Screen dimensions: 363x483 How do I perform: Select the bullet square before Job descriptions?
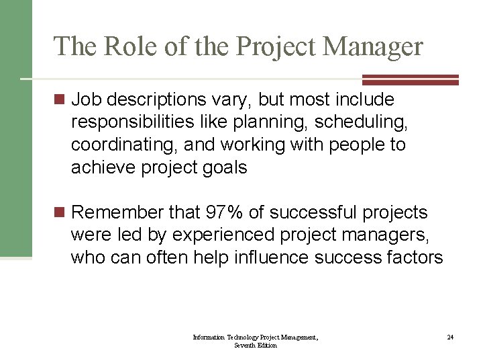(59, 100)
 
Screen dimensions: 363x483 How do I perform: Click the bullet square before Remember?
(59, 213)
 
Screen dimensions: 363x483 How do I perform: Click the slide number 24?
(450, 337)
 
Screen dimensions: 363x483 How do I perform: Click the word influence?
(296, 257)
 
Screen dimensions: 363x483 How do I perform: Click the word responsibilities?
(133, 122)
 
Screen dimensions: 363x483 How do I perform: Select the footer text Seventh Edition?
(256, 345)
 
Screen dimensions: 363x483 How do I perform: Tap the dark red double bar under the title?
(411, 79)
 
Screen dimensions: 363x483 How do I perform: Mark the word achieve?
(103, 167)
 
